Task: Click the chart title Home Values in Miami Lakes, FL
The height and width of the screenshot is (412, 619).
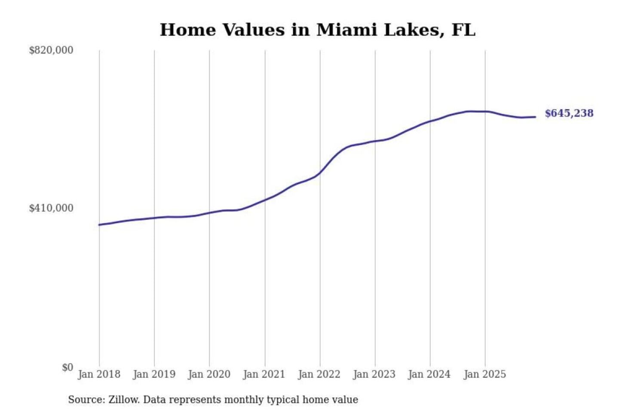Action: click(x=317, y=30)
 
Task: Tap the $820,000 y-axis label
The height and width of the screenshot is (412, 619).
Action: click(x=51, y=50)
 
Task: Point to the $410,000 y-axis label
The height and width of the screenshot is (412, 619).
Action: click(x=51, y=208)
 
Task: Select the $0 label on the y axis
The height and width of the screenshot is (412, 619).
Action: click(x=67, y=367)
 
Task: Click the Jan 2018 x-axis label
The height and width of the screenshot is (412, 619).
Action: click(x=99, y=374)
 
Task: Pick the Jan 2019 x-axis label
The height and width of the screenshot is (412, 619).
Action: click(x=154, y=374)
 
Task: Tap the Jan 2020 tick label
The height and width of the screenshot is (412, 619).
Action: click(x=209, y=374)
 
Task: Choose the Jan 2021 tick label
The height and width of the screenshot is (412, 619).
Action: click(x=264, y=374)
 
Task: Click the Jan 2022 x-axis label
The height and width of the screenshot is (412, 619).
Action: click(x=319, y=374)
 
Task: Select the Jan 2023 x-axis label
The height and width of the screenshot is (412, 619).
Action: click(x=374, y=374)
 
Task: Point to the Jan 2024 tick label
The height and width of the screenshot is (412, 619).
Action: click(x=429, y=374)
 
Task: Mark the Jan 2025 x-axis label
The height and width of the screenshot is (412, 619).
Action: click(x=484, y=374)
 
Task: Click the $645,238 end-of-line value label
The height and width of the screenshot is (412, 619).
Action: click(x=569, y=113)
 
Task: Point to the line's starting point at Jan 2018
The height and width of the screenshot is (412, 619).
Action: click(x=99, y=224)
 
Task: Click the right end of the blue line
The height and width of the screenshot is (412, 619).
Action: click(x=535, y=117)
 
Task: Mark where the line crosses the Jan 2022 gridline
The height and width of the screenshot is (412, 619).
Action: click(x=320, y=173)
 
